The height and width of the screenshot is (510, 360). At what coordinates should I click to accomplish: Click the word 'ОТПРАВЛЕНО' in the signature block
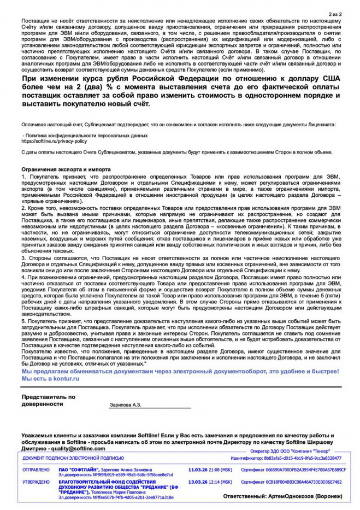click(x=36, y=469)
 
